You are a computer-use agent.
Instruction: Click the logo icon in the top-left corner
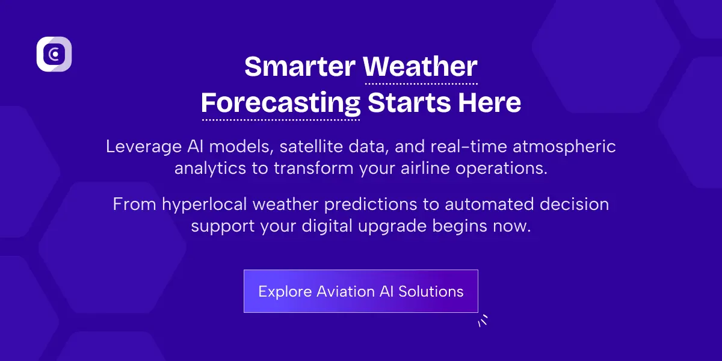point(54,54)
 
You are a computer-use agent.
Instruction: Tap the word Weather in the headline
point(421,66)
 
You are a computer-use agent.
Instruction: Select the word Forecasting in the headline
point(280,103)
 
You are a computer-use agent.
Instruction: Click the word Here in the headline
point(489,103)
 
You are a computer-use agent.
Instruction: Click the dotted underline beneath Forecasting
point(280,120)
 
